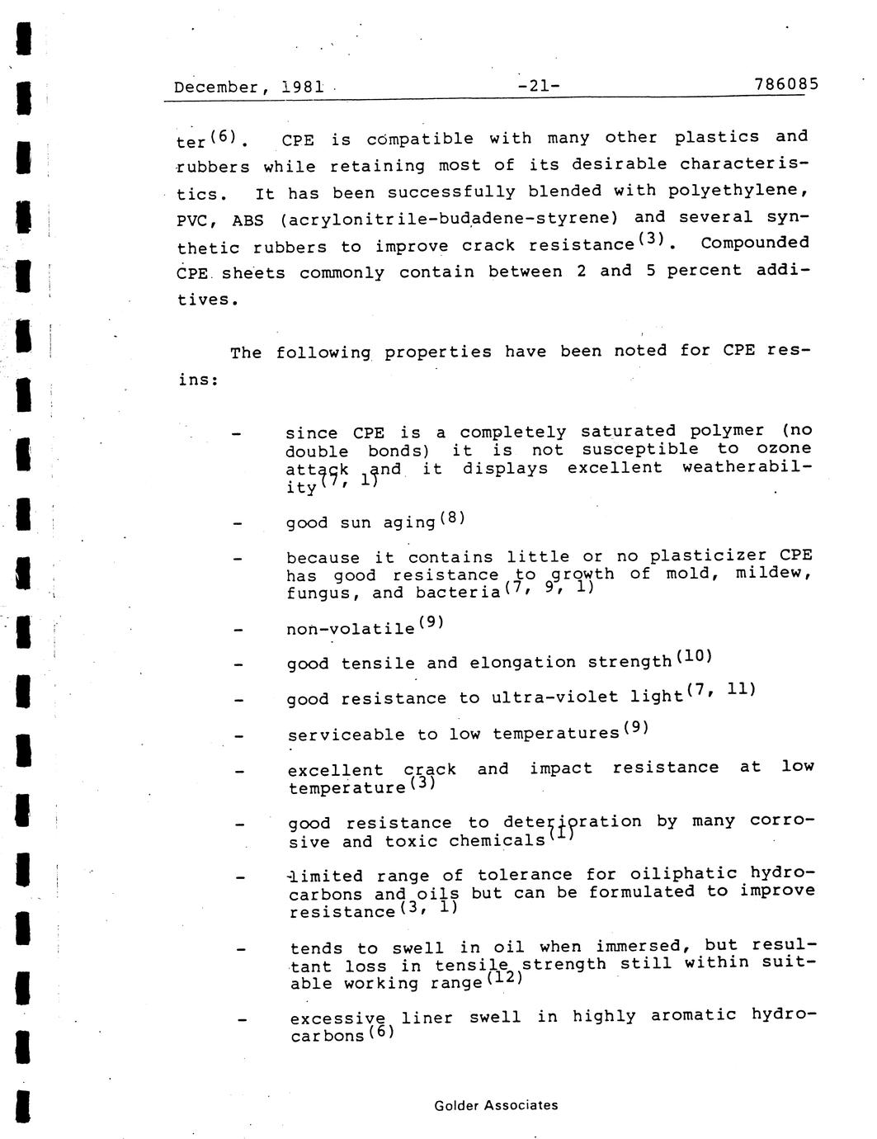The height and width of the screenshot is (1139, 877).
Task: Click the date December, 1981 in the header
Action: [248, 87]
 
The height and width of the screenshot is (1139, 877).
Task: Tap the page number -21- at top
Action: [539, 86]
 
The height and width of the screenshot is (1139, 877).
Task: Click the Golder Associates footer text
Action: [496, 1105]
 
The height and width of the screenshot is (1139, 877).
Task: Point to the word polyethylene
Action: [738, 191]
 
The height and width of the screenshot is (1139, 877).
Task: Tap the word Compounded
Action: [755, 243]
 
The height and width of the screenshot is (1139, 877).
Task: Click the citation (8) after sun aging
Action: [453, 518]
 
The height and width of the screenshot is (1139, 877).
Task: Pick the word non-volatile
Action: [351, 629]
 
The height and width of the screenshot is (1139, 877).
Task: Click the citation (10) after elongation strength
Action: [693, 657]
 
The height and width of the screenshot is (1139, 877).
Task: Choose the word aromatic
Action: [691, 1015]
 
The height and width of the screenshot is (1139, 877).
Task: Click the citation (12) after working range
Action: [505, 979]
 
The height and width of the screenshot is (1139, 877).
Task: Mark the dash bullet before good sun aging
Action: [238, 524]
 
